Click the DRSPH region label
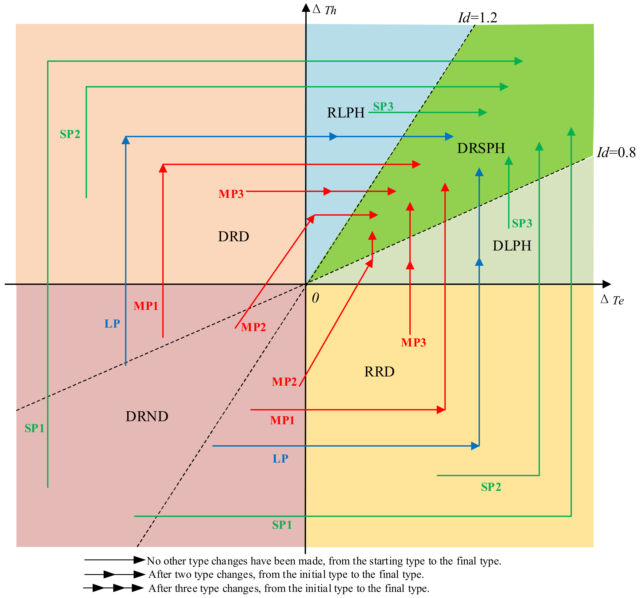481,148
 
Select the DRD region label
233,237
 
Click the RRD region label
379,372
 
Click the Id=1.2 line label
477,18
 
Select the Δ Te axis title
612,300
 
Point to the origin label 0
315,298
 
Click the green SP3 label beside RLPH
383,106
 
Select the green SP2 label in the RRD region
491,487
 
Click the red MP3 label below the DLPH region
413,342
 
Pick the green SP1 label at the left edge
34,428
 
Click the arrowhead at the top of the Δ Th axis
306,7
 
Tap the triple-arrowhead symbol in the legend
113,588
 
